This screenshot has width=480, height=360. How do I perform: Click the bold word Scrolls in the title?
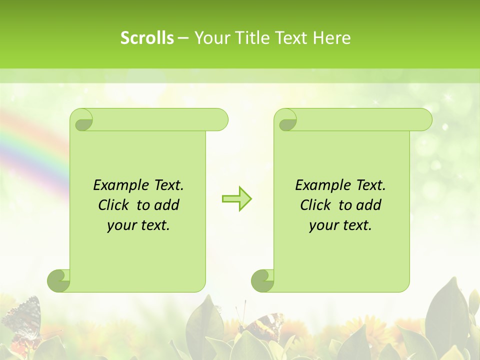pyautogui.click(x=147, y=38)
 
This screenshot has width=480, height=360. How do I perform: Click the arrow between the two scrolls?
pyautogui.click(x=236, y=198)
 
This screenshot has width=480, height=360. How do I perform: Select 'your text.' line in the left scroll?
pyautogui.click(x=138, y=225)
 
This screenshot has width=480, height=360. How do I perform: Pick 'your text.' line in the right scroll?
pyautogui.click(x=340, y=225)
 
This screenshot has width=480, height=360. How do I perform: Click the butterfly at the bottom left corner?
pyautogui.click(x=22, y=320)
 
